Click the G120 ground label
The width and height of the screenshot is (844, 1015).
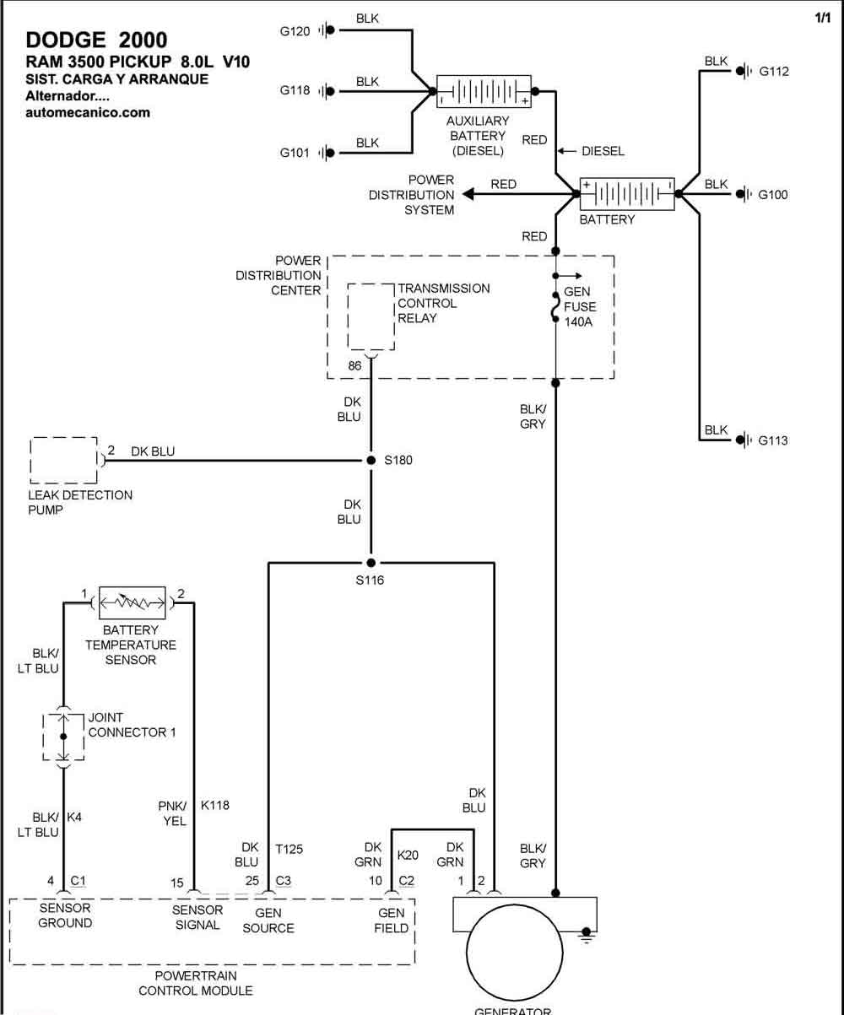click(x=295, y=31)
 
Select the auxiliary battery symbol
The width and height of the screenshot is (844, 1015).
click(x=484, y=91)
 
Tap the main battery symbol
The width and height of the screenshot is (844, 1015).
click(x=627, y=194)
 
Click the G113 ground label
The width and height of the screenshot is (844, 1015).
click(x=773, y=440)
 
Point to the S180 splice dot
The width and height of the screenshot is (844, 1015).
click(x=371, y=460)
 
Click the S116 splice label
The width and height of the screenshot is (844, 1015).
click(x=370, y=580)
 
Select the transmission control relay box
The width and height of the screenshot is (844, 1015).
click(x=371, y=317)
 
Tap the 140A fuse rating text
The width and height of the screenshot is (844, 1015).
click(x=578, y=321)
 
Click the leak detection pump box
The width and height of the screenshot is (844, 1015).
click(x=63, y=461)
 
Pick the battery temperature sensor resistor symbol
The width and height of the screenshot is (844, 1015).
click(x=133, y=602)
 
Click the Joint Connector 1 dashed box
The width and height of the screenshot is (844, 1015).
click(x=63, y=737)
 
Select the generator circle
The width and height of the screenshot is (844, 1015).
click(x=514, y=953)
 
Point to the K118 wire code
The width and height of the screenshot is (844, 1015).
click(x=215, y=805)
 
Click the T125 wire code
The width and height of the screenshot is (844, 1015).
click(x=289, y=850)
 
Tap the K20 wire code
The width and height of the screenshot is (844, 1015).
click(x=408, y=855)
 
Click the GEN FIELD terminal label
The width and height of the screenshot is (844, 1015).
click(x=392, y=921)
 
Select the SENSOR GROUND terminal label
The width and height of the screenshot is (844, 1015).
click(x=65, y=915)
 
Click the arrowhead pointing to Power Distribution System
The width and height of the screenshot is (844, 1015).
click(x=468, y=194)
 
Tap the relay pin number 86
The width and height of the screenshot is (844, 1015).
click(x=355, y=365)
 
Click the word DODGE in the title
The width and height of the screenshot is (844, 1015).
click(x=66, y=40)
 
